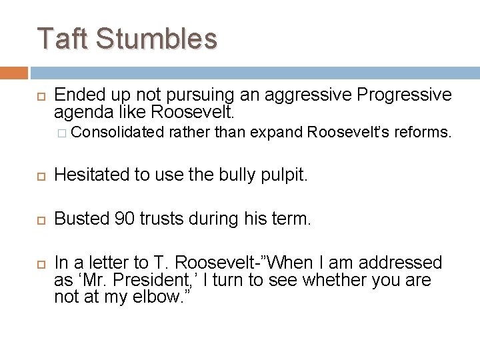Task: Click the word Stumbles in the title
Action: click(x=157, y=39)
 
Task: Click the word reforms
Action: click(x=423, y=134)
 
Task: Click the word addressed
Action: click(x=405, y=263)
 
